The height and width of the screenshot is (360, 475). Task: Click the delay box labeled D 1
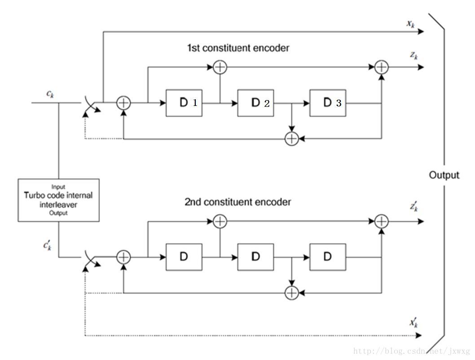click(184, 103)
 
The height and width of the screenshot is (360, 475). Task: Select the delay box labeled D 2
click(255, 103)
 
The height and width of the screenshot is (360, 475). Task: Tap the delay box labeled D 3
click(327, 103)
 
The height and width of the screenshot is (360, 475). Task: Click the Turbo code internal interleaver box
click(58, 200)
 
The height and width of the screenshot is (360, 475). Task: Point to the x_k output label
click(411, 23)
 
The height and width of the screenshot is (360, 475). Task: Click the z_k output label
click(413, 57)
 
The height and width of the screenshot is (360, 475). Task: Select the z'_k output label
click(413, 206)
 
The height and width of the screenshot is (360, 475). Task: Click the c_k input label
click(51, 93)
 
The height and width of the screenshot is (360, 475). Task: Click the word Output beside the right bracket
click(444, 175)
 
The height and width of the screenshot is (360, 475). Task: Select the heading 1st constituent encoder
click(238, 48)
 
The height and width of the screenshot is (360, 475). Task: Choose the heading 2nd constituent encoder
click(237, 202)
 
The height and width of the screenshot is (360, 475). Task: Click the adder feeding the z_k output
click(381, 67)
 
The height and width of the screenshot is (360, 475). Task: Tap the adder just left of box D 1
click(123, 103)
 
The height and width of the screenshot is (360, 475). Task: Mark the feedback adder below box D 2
click(292, 139)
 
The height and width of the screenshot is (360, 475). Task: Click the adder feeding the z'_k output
click(381, 221)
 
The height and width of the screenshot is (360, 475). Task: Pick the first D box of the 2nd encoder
click(184, 257)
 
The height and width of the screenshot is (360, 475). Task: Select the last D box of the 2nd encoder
click(327, 257)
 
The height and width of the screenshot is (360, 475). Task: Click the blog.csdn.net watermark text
click(411, 351)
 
